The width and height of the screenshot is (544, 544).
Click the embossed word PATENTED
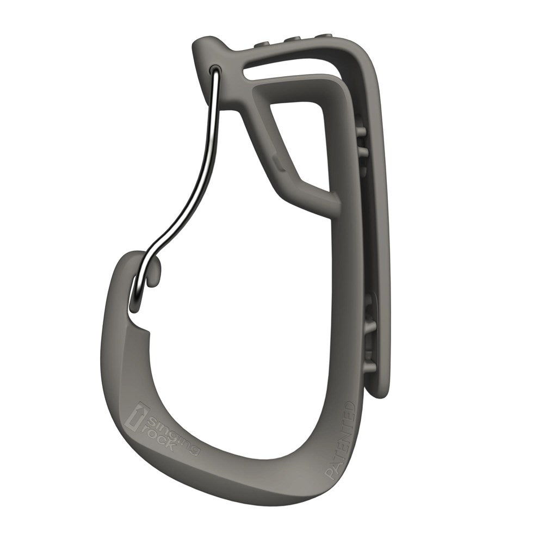tap(341, 441)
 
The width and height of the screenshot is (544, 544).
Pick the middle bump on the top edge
tap(294, 39)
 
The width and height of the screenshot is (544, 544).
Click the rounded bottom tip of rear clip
tap(378, 393)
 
